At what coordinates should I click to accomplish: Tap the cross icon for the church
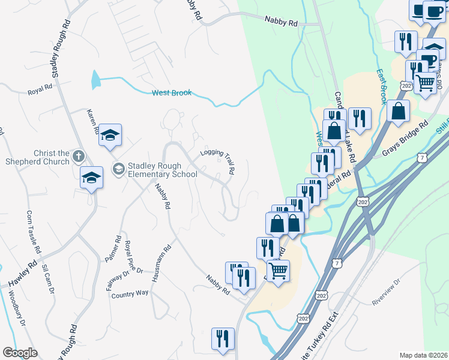point(78,157)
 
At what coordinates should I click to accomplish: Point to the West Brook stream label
point(172,92)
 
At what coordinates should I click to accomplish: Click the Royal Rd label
point(40,89)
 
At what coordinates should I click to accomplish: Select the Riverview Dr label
point(386,292)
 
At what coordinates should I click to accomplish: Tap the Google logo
point(20,352)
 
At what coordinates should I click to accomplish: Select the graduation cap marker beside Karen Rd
point(110,135)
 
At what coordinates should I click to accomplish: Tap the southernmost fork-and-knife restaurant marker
point(223,338)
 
